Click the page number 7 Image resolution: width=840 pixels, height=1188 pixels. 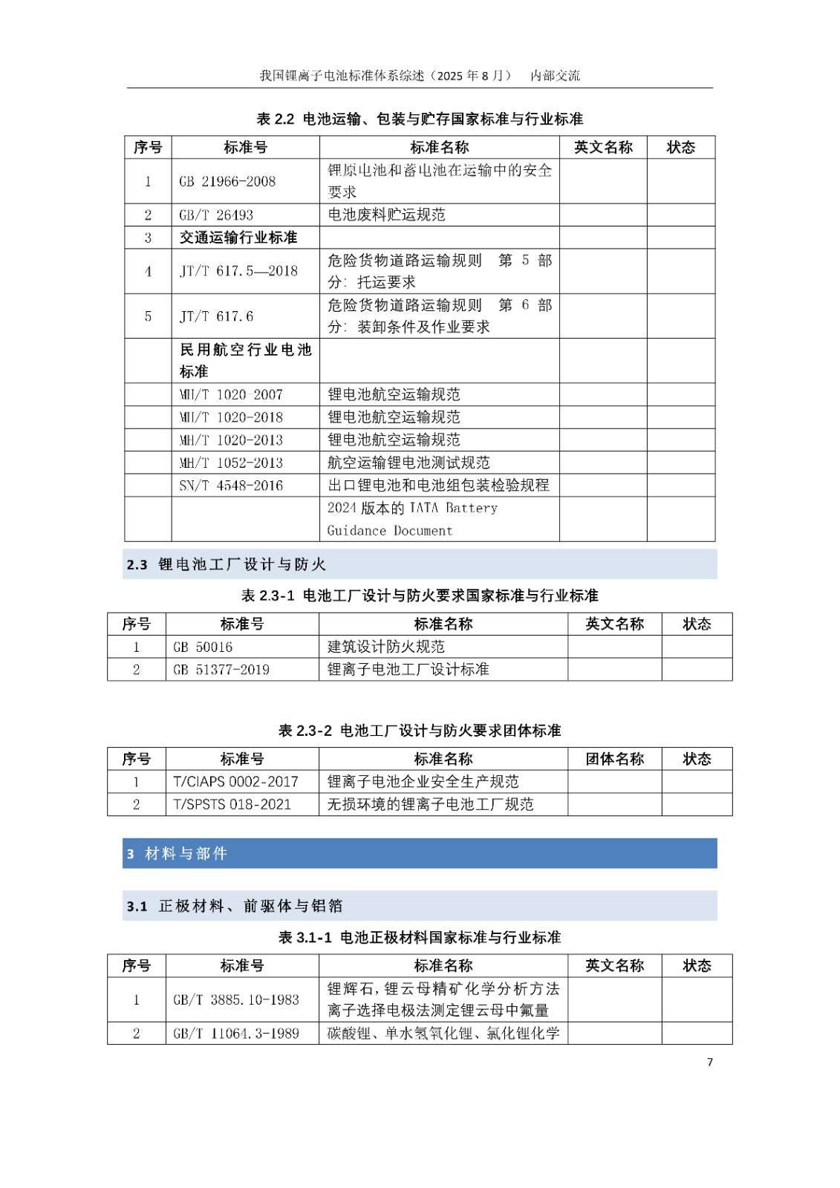point(709,1062)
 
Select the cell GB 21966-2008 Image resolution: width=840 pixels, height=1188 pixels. point(227,181)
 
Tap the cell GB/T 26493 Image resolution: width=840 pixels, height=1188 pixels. point(216,215)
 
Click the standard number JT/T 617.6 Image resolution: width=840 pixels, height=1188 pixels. point(216,316)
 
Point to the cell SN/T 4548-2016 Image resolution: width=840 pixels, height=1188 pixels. point(231,486)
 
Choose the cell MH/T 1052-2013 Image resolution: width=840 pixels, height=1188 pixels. point(231,463)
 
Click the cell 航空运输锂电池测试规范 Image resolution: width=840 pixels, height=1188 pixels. point(408,463)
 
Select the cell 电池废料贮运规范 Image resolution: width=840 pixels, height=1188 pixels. point(387,215)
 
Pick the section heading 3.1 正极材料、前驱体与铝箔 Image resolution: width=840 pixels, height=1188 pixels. point(235,906)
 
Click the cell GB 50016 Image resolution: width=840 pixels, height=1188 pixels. point(203,647)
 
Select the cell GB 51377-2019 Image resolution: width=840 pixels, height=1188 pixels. point(221,670)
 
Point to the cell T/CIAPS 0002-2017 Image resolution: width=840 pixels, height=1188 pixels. point(235,782)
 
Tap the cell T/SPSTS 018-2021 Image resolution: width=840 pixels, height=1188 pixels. point(232,804)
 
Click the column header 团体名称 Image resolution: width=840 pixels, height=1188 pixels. point(614,759)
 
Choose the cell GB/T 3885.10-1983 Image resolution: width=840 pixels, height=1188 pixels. point(236,999)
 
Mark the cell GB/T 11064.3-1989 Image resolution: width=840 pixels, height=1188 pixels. point(236,1034)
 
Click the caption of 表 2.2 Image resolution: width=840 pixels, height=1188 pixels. point(420,119)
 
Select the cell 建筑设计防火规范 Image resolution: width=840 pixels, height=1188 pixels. point(386,647)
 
